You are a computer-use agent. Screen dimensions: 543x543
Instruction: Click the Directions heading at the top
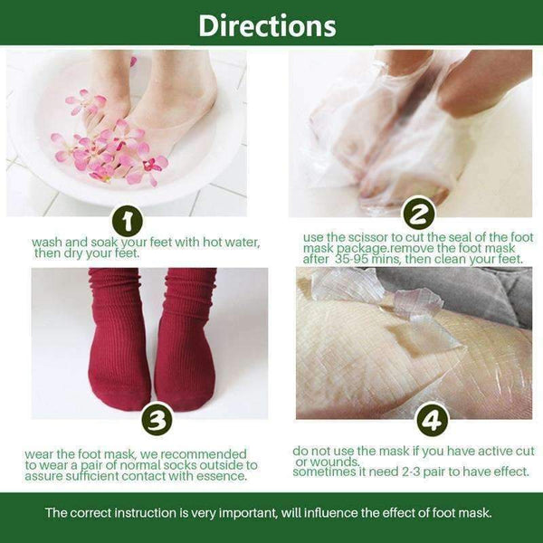coord(267,24)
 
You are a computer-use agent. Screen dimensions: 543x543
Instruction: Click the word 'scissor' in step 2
coord(366,238)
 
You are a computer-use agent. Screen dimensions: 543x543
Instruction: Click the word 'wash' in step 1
coord(46,243)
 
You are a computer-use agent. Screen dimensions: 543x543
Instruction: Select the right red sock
coord(186,344)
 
